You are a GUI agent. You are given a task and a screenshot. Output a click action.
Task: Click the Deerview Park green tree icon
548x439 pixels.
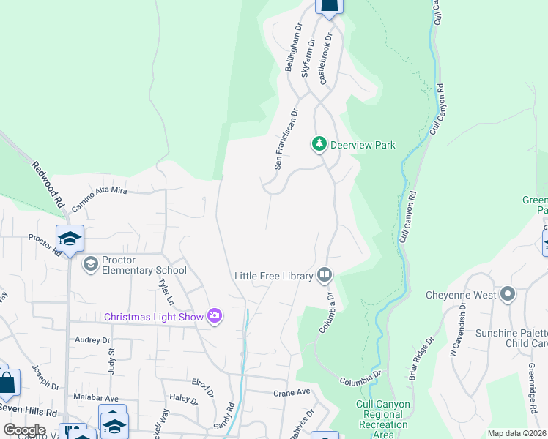[319, 144]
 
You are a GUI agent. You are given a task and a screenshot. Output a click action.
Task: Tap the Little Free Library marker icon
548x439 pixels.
[325, 276]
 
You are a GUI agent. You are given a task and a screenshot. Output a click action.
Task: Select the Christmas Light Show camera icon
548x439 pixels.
[215, 316]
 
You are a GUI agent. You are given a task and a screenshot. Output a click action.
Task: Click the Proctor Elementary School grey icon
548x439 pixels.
[91, 263]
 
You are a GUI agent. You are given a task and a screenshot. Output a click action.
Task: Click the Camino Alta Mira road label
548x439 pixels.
[100, 199]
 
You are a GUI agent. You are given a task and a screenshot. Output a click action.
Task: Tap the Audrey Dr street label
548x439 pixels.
[92, 340]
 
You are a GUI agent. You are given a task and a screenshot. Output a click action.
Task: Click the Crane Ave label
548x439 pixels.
[292, 392]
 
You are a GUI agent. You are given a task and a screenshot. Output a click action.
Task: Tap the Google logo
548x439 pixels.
[24, 429]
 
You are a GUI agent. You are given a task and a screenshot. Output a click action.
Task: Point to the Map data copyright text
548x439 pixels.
[516, 433]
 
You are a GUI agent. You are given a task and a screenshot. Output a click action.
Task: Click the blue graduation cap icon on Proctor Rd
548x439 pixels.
[70, 239]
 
